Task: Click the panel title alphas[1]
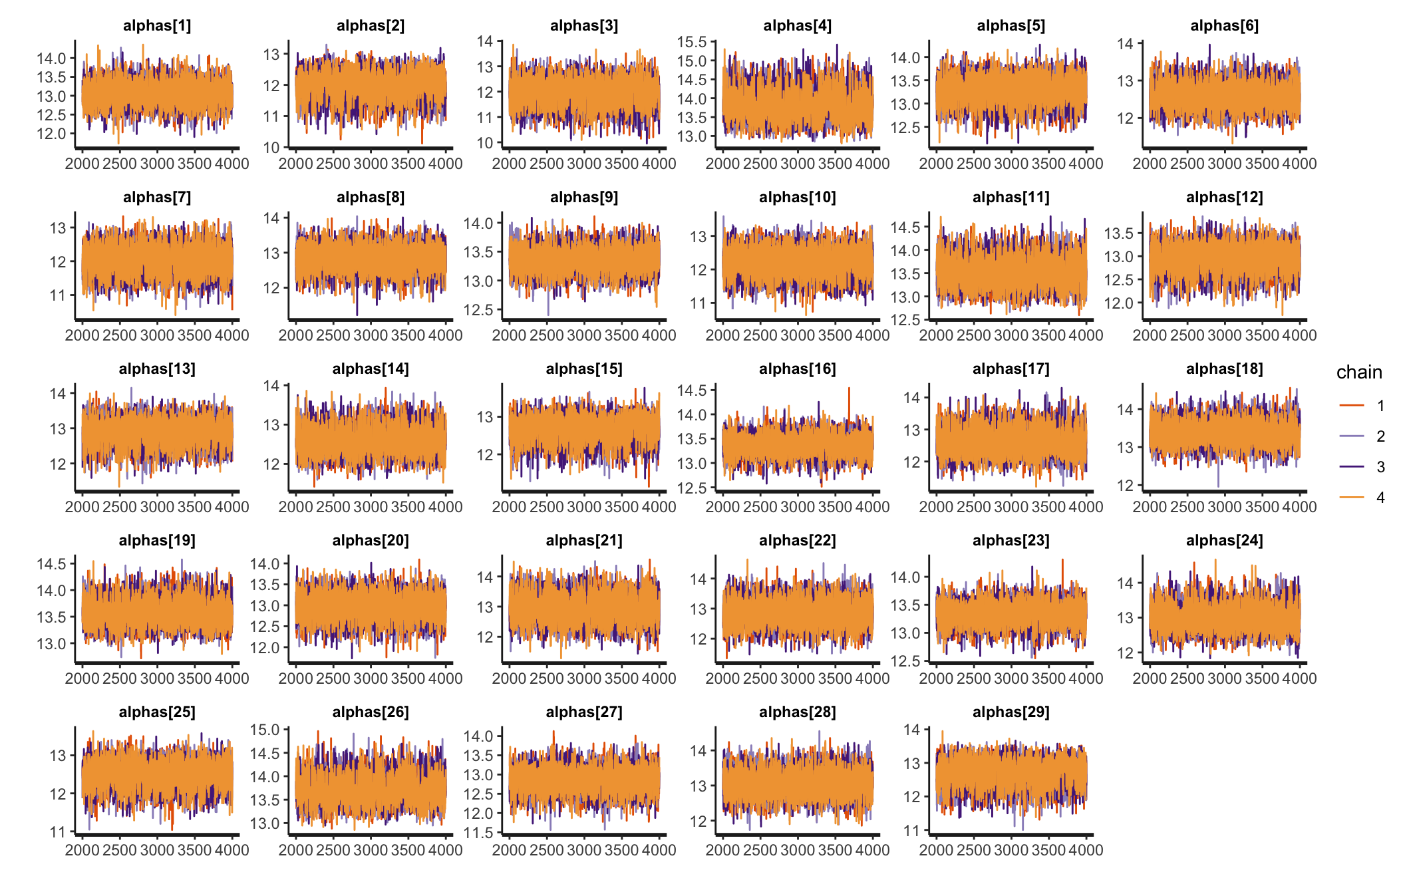(x=157, y=26)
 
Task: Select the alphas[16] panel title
(x=797, y=369)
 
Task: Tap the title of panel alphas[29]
(x=1011, y=712)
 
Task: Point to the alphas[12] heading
(x=1224, y=198)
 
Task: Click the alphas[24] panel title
(x=1224, y=541)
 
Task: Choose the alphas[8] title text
(x=371, y=198)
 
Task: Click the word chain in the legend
(x=1359, y=372)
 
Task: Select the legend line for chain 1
(x=1352, y=405)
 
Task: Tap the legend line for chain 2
(x=1352, y=436)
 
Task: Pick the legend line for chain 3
(x=1352, y=467)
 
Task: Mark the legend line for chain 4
(x=1352, y=498)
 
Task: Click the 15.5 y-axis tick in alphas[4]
(x=692, y=42)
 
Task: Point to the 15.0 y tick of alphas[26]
(x=265, y=730)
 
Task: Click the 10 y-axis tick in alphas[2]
(x=272, y=148)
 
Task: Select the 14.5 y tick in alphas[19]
(x=51, y=564)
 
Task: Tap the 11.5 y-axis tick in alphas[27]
(x=478, y=833)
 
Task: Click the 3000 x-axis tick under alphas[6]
(x=1224, y=164)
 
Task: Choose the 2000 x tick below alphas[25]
(x=82, y=850)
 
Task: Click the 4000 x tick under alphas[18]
(x=1299, y=507)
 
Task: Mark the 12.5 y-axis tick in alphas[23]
(x=905, y=661)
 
